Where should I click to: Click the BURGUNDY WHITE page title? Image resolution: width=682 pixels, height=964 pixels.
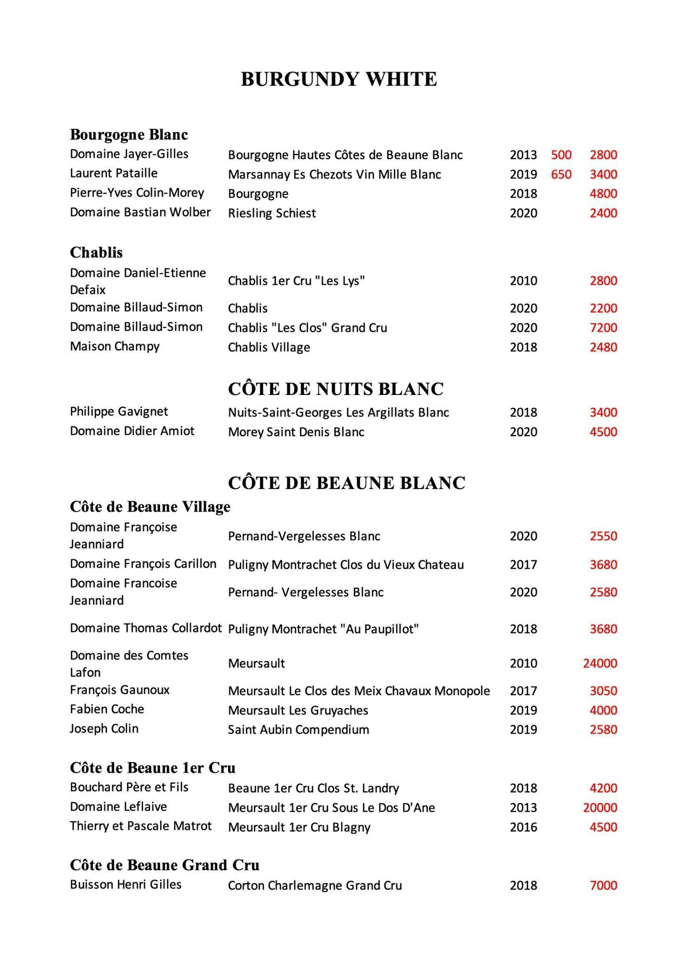[x=339, y=79]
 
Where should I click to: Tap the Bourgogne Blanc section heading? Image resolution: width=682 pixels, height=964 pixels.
[x=129, y=135]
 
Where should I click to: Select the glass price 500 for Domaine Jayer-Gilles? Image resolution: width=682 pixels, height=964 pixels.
[x=561, y=155]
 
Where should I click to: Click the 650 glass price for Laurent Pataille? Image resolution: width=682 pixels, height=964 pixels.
[x=561, y=174]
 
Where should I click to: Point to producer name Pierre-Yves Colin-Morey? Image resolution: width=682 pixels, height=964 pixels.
[x=137, y=193]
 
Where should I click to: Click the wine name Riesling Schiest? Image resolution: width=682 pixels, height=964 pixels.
[x=272, y=213]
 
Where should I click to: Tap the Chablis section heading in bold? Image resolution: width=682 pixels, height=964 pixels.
[x=96, y=253]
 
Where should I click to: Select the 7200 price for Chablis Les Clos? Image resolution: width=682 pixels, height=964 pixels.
[x=603, y=328]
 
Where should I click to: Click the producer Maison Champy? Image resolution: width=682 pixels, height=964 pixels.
[x=114, y=346]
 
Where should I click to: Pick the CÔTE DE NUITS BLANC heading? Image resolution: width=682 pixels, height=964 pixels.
[x=336, y=389]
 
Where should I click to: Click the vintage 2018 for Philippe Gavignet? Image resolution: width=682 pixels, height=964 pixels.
[x=523, y=412]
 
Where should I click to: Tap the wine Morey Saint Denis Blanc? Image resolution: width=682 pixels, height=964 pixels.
[x=296, y=432]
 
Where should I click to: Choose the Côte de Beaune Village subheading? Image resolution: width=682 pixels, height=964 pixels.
[x=150, y=507]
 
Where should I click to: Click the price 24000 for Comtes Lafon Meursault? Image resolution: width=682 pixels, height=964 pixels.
[x=600, y=663]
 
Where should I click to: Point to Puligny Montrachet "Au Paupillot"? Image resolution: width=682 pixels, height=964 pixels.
[x=323, y=629]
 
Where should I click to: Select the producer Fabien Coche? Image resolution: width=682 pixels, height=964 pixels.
[x=107, y=709]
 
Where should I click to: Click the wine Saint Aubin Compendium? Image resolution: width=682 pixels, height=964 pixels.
[x=298, y=730]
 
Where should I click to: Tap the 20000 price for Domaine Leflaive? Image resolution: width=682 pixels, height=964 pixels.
[x=600, y=808]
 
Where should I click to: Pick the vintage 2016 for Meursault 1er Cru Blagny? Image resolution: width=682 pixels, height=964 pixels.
[x=523, y=827]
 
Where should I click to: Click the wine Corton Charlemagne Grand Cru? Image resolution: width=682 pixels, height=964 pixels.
[x=315, y=885]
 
